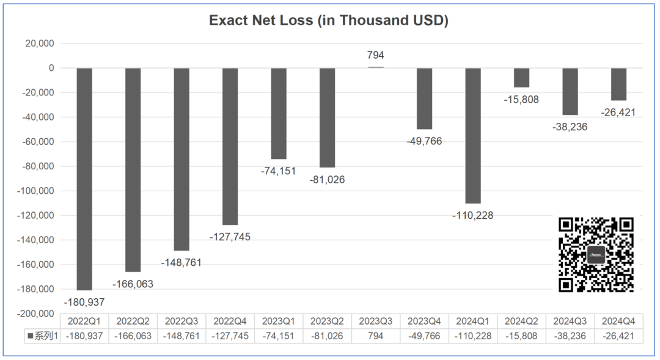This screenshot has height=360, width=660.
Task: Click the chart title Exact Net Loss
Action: [x=329, y=20]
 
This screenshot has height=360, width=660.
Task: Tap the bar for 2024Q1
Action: [x=473, y=135]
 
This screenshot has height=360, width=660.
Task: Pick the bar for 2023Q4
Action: [x=425, y=98]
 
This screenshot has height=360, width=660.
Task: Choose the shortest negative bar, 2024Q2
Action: [x=521, y=78]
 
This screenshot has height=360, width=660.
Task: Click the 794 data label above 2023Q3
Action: [x=375, y=56]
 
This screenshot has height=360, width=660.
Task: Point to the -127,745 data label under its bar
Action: [x=230, y=237]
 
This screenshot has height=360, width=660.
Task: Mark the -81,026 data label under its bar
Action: [x=327, y=180]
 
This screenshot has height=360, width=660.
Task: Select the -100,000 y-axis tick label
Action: [x=35, y=191]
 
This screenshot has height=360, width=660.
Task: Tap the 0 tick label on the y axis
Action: [x=52, y=68]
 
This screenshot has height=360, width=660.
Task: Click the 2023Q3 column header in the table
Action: [x=376, y=321]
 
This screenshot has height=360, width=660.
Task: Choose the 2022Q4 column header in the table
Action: [x=230, y=321]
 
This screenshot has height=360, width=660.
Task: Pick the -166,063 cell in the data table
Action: [x=133, y=336]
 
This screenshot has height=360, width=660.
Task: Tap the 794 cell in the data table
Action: [x=376, y=336]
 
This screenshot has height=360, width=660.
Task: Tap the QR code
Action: [x=596, y=254]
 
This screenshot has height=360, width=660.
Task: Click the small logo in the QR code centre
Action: [x=596, y=255]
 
